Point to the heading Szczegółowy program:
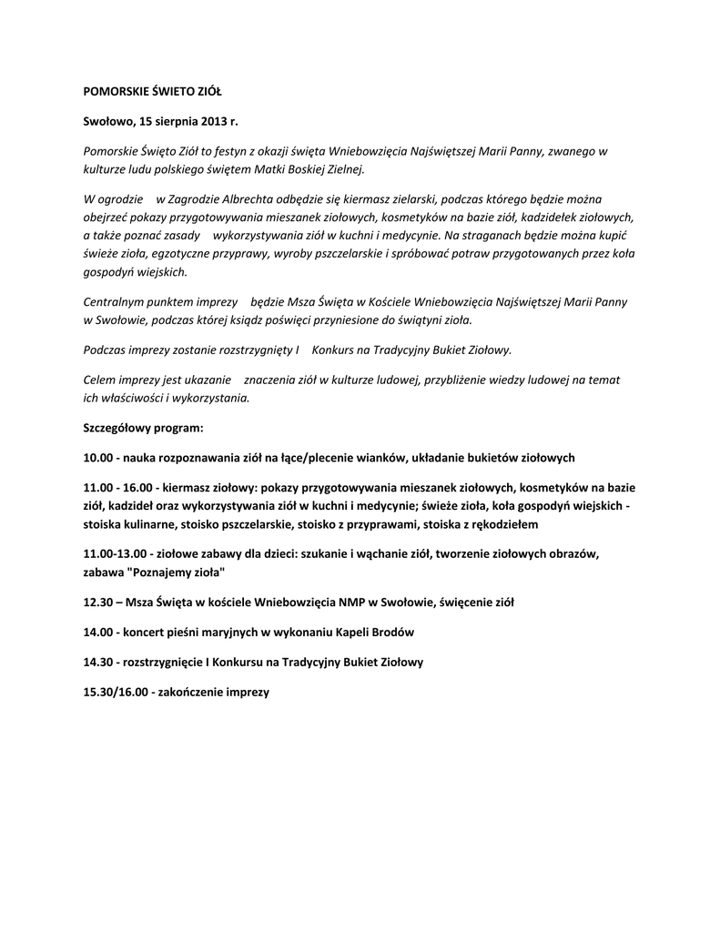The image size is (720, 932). [x=143, y=427]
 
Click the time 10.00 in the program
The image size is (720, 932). [x=97, y=457]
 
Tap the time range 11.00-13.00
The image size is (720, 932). [x=117, y=553]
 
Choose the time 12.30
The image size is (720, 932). [x=97, y=602]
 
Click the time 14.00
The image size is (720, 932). [x=97, y=632]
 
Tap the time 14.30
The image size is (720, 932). [x=97, y=662]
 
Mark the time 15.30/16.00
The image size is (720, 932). [x=116, y=692]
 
